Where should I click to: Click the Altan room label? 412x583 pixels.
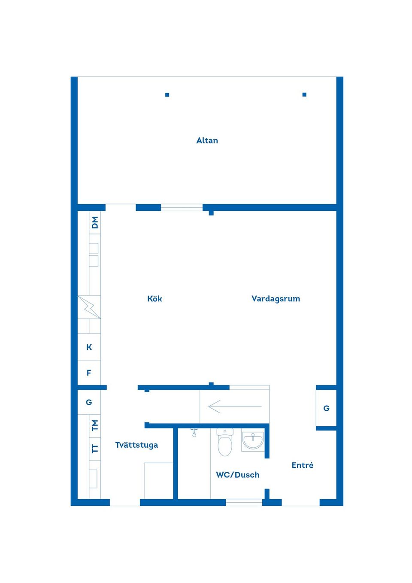[x=207, y=140]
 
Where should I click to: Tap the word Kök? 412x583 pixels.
[x=154, y=298]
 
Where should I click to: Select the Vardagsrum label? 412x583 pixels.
[x=276, y=298]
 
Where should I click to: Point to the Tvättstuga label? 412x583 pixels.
[x=136, y=445]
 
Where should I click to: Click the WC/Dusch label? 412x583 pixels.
[x=238, y=475]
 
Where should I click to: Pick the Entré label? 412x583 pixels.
[x=302, y=465]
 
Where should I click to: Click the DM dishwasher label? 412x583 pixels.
[x=95, y=222]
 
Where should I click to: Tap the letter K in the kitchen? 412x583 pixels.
[x=89, y=347]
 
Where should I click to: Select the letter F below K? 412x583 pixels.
[x=89, y=373]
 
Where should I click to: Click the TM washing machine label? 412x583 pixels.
[x=95, y=425]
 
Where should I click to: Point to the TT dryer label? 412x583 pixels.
[x=95, y=449]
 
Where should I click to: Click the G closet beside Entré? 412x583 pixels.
[x=326, y=408]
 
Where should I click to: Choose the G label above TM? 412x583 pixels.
[x=89, y=402]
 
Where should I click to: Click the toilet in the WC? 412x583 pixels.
[x=225, y=442]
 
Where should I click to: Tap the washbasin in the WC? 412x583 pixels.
[x=253, y=440]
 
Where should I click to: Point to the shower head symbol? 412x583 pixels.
[x=194, y=432]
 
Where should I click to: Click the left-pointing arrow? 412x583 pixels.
[x=234, y=406]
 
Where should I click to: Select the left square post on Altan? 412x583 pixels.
[x=167, y=95]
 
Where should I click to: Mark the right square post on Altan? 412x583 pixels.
[x=304, y=94]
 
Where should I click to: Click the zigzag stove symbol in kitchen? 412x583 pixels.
[x=89, y=307]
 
